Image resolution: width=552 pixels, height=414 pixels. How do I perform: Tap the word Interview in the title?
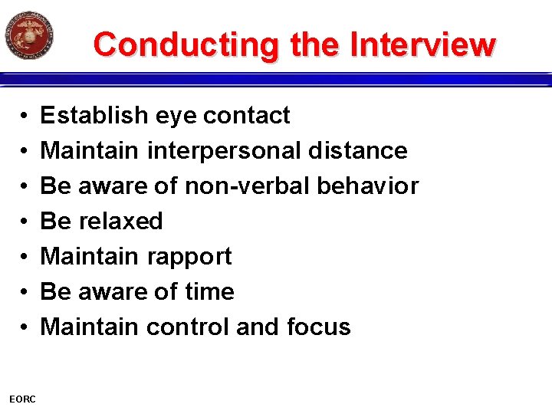click(422, 44)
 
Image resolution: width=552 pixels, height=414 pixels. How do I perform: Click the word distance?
click(357, 151)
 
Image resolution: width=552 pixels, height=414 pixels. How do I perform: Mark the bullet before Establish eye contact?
click(25, 117)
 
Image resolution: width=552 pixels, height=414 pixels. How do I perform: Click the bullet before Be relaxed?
click(25, 222)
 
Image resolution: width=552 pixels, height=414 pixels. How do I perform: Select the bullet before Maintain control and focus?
click(25, 328)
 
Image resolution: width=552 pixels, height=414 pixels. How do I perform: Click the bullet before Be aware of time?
click(25, 293)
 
